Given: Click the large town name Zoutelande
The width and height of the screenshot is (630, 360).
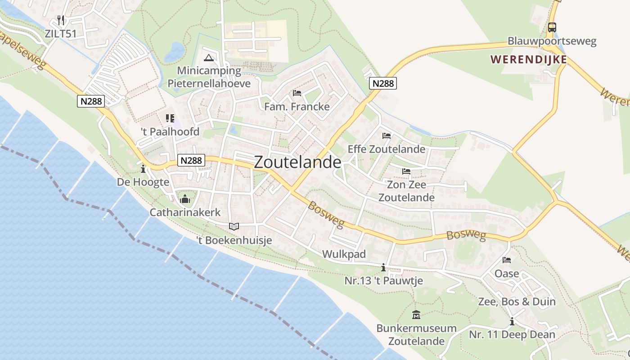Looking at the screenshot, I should pos(297,162).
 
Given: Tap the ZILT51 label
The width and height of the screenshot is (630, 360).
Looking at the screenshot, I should pos(61,34).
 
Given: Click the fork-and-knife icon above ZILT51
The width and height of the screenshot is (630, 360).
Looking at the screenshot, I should pos(61,20).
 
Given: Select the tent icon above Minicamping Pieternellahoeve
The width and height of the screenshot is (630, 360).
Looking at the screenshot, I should pos(208,58).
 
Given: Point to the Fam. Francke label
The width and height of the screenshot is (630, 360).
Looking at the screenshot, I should pos(297,107).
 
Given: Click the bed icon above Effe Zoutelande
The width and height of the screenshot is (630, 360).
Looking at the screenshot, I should pos(386,136).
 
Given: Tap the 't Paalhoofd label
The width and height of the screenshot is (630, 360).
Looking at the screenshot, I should pos(170,132).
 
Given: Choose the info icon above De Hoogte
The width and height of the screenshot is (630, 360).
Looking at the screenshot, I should pos(143,169).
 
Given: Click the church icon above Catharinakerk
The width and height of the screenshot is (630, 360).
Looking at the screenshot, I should pos(184,198).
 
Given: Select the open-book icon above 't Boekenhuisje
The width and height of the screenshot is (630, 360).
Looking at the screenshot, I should pos(234,227).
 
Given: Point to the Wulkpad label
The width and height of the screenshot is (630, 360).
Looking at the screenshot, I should pos(344,254).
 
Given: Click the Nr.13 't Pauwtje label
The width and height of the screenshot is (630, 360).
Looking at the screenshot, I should pos(383,281).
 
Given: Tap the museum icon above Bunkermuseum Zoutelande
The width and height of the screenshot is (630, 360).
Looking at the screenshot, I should pos(416,315).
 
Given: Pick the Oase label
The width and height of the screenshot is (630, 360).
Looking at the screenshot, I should pos(507,274).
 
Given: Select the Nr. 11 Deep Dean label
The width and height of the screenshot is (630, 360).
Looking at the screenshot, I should pos(512,335).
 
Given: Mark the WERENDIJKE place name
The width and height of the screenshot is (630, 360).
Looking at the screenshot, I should pos(528,59).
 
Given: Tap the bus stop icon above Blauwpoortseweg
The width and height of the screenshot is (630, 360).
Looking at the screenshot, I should pos(552,27).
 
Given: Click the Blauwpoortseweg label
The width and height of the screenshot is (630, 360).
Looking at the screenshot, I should pos(552,41).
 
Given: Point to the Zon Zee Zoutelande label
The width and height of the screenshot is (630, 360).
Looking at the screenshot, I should pos(406,191).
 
